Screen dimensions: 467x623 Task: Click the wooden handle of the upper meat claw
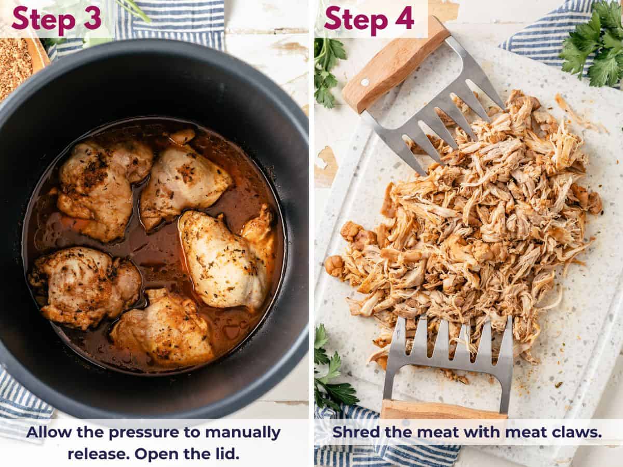[x=395, y=65]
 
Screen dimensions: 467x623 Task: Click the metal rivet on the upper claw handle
[x=365, y=82]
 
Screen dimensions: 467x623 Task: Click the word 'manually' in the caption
[x=242, y=432]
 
